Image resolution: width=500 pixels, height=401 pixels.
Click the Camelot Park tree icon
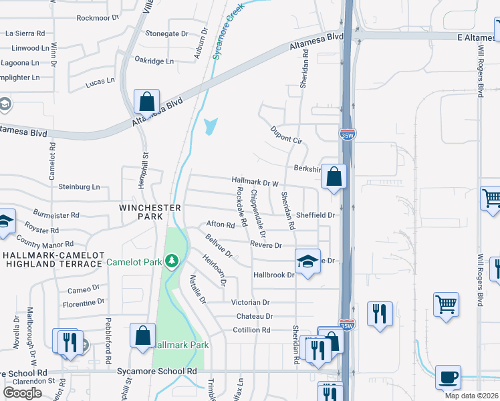pyautogui.click(x=172, y=260)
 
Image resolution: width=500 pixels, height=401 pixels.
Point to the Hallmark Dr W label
pyautogui.click(x=255, y=181)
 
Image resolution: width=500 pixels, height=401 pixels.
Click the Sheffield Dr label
pyautogui.click(x=316, y=215)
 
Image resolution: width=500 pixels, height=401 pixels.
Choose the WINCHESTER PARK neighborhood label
pyautogui.click(x=141, y=213)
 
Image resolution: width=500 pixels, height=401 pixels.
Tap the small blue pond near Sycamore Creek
pyautogui.click(x=211, y=126)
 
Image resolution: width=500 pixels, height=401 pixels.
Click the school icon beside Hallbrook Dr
pyautogui.click(x=307, y=261)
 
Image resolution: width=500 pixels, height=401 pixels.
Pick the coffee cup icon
pyautogui.click(x=448, y=377)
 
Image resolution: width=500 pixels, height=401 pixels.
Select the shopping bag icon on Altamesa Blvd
pyautogui.click(x=146, y=102)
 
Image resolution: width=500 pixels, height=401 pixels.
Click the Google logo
pyautogui.click(x=22, y=392)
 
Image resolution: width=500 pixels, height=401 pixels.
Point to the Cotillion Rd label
pyautogui.click(x=251, y=330)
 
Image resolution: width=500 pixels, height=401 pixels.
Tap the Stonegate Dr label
pyautogui.click(x=167, y=33)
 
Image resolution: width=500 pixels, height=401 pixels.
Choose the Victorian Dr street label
pyautogui.click(x=251, y=303)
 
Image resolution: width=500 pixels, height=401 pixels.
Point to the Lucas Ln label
pyautogui.click(x=101, y=84)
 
